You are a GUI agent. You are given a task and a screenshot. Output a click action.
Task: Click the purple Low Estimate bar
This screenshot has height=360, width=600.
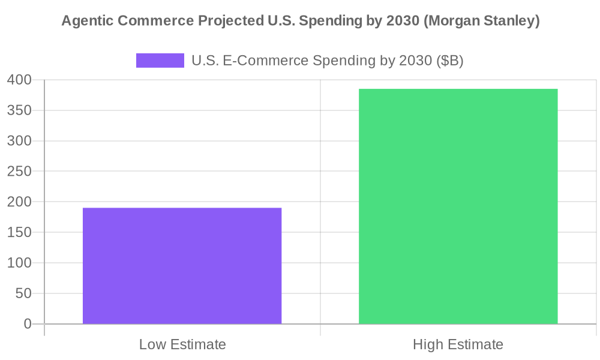tap(182, 266)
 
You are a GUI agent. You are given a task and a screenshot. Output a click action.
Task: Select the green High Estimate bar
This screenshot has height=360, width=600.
tap(458, 206)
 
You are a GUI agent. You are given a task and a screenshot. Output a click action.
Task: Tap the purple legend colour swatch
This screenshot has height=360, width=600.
tap(160, 61)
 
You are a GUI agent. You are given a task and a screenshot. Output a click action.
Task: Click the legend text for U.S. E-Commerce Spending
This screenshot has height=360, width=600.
tap(327, 61)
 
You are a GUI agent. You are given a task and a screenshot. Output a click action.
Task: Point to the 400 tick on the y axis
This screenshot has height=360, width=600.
tap(20, 80)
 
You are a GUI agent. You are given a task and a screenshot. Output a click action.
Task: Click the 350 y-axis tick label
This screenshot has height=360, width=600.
tap(20, 110)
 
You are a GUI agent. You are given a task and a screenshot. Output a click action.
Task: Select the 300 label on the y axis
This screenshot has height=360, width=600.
tap(20, 141)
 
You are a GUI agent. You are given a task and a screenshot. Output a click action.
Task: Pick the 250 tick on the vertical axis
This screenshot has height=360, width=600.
tap(20, 172)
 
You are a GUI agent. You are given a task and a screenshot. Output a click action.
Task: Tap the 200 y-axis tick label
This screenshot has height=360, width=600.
tap(20, 202)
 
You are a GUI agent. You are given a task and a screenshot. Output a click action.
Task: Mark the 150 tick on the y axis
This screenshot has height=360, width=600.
tap(20, 233)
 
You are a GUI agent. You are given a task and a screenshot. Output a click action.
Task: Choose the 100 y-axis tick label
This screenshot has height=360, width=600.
tap(20, 263)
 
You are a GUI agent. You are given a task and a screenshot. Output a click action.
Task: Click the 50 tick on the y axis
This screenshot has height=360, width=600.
tap(24, 294)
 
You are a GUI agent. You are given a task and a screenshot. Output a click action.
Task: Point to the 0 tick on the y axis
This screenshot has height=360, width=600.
tap(28, 324)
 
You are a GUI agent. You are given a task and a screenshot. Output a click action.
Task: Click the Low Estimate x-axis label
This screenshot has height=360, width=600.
tap(182, 345)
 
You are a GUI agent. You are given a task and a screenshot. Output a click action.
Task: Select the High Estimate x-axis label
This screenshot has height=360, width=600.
tap(458, 345)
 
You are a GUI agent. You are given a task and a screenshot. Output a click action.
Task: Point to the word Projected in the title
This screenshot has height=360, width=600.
tap(226, 22)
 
